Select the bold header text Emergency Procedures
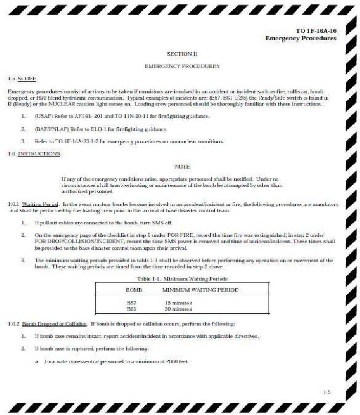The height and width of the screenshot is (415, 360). click(301, 38)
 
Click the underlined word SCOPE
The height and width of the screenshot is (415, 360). click(27, 78)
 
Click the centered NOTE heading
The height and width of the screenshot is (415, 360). click(182, 167)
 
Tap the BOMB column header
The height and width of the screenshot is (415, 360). click(134, 290)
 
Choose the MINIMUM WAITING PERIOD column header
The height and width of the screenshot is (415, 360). click(201, 290)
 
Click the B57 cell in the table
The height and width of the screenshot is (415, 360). click(131, 303)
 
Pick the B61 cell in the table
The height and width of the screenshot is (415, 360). click(131, 309)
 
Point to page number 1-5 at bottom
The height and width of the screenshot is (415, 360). click(327, 392)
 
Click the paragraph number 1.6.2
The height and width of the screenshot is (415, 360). click(14, 324)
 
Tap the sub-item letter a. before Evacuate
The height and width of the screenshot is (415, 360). click(37, 361)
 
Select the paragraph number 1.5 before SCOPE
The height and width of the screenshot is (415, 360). click(12, 78)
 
